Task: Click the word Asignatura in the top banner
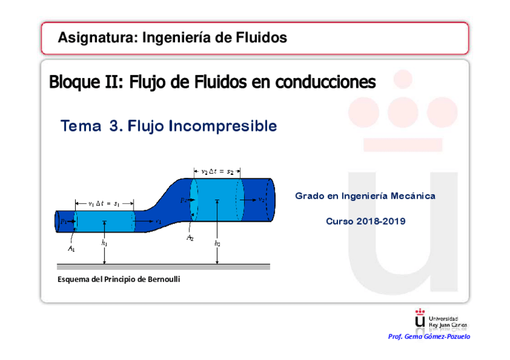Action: tap(96, 38)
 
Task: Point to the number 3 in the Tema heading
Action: tap(114, 126)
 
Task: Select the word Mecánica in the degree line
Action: tap(413, 196)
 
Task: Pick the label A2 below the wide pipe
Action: tap(190, 239)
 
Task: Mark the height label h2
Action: tap(217, 244)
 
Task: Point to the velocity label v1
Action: tap(158, 222)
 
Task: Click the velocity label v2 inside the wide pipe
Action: tap(262, 200)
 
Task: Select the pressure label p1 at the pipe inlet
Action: tap(64, 222)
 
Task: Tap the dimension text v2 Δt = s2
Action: tap(217, 171)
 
